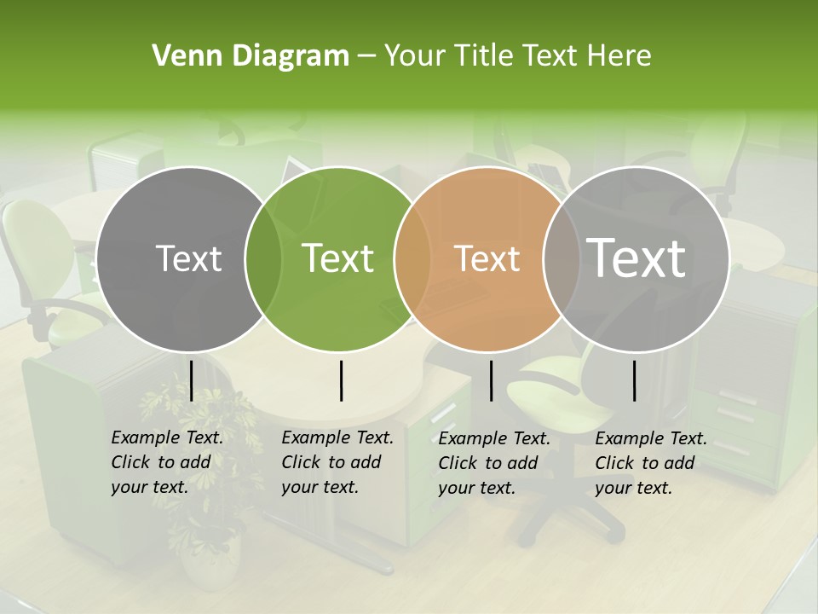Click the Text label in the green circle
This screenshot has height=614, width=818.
pos(338,258)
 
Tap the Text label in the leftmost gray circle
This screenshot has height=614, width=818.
pos(188,258)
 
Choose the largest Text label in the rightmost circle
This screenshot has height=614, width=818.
pos(637,258)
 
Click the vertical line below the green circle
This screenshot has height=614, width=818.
pos(341,381)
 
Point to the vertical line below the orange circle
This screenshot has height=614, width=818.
pos(491,381)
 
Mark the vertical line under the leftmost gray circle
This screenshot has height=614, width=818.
pos(191,381)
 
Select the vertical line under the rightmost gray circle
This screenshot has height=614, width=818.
pos(635,381)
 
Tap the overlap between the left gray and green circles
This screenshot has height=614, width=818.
pos(263,258)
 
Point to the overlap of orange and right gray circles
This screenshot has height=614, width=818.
pos(558,258)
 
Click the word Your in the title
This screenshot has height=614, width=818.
pos(415,56)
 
